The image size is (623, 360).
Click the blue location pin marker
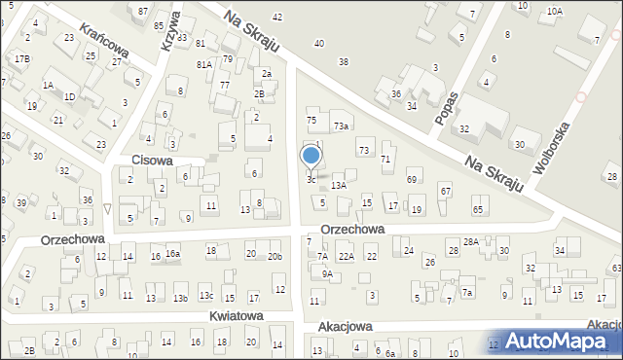click(311, 156)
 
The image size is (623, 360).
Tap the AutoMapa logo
click(558, 341)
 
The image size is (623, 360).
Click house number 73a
click(341, 126)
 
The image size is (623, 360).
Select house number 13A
click(339, 185)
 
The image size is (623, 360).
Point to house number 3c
click(311, 179)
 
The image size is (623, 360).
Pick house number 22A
click(346, 256)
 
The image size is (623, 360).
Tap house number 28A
click(471, 241)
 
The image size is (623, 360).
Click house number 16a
click(172, 254)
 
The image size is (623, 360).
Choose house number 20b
click(275, 256)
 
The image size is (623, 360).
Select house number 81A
click(204, 64)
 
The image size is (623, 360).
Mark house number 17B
click(21, 59)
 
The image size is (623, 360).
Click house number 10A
click(554, 11)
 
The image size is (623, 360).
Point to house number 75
click(311, 120)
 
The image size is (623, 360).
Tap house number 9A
click(328, 274)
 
